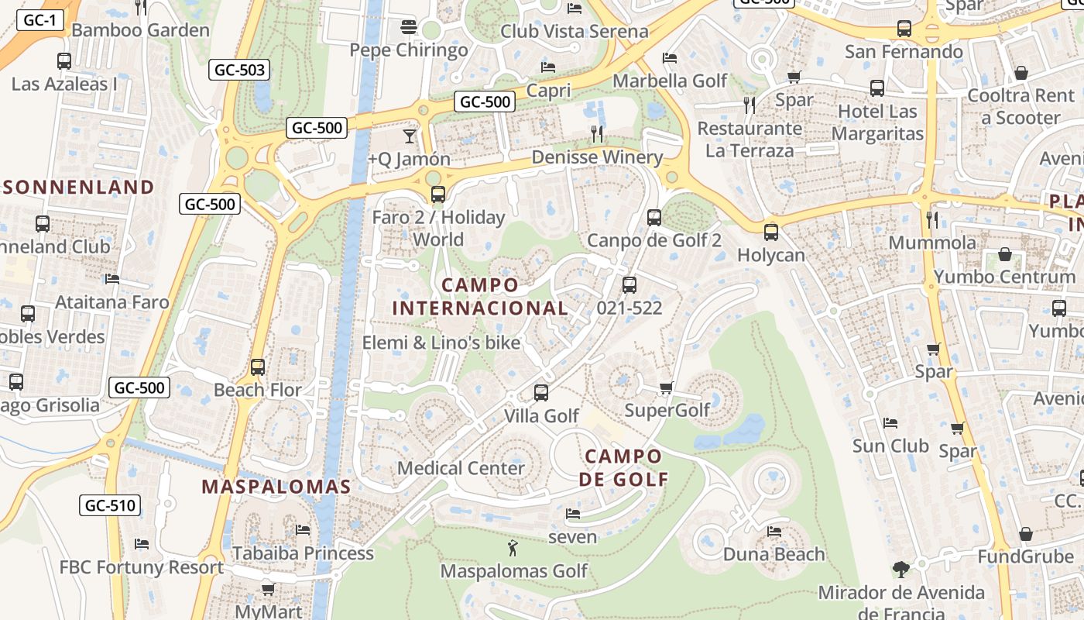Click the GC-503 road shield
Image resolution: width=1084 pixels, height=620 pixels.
point(240,71)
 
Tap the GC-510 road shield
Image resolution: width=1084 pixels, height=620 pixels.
point(110,506)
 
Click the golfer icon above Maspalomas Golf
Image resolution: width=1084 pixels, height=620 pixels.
point(513,549)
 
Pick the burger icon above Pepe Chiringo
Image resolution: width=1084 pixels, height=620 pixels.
point(409,28)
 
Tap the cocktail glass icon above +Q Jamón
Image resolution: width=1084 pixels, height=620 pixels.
point(409,136)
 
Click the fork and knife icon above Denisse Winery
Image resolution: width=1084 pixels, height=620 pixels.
point(597,134)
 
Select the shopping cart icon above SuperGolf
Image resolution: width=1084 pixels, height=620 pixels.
point(666,387)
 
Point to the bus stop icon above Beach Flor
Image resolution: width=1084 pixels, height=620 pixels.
point(258,367)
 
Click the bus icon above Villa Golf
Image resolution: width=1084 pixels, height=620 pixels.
point(541,393)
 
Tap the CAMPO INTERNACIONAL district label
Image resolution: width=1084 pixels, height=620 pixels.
point(480,297)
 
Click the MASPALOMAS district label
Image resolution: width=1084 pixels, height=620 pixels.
point(276,487)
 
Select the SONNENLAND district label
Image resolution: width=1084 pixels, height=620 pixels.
point(78,187)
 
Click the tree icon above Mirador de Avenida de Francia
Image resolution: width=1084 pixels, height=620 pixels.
point(900,570)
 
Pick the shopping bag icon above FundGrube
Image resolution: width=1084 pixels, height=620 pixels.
point(1025,534)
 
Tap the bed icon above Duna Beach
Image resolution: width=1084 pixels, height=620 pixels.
point(774,532)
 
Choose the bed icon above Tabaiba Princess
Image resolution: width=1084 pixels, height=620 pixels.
point(303,530)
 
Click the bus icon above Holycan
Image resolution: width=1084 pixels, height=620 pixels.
point(771,232)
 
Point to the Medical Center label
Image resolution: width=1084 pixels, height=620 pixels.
point(461,468)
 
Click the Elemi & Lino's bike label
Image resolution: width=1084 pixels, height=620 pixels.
point(441,343)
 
